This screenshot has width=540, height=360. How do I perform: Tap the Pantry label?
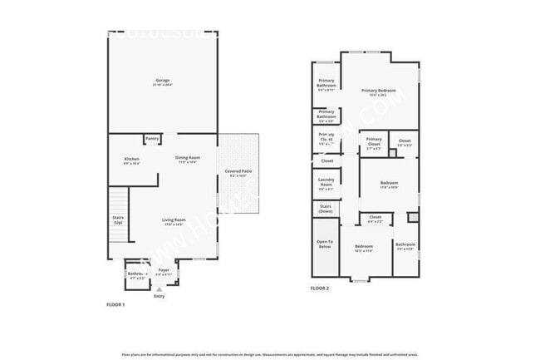pos(152,139)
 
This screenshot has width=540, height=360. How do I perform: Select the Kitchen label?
pos(131,160)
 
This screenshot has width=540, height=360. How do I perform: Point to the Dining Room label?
pos(187,159)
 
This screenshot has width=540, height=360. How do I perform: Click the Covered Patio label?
pos(238,173)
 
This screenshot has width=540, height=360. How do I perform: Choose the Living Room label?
pos(173,221)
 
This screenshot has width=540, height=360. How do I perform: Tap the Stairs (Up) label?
pos(118,220)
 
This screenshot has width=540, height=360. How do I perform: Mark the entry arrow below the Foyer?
pos(160,289)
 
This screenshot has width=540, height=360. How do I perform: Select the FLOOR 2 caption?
pos(320,288)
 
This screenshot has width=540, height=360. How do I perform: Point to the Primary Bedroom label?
pos(378,91)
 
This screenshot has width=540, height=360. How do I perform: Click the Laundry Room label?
pos(326,185)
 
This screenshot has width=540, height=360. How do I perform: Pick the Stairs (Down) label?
pos(326,209)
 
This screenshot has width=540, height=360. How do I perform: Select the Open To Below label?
pos(325,244)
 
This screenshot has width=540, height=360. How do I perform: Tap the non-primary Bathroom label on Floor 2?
pos(405,246)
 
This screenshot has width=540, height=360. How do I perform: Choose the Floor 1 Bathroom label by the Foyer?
pos(135,274)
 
